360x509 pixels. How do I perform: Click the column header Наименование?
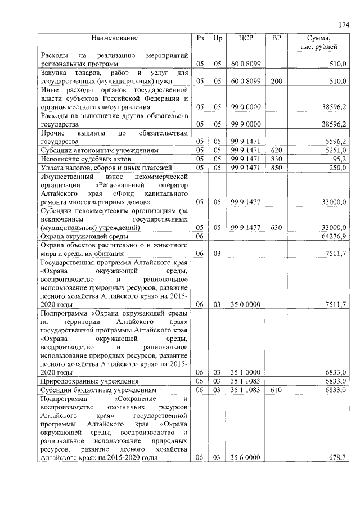click(x=115, y=38)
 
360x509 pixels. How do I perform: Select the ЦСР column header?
click(x=245, y=38)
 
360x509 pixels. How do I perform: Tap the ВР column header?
click(x=276, y=38)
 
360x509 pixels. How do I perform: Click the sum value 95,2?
click(x=338, y=159)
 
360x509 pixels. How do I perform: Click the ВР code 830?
click(x=276, y=159)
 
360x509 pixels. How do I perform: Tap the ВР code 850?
click(x=276, y=168)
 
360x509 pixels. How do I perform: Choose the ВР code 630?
click(x=276, y=227)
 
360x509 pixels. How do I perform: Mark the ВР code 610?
click(x=276, y=389)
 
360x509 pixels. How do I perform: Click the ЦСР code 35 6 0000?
click(x=245, y=457)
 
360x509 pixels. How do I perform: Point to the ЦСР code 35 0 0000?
click(x=245, y=304)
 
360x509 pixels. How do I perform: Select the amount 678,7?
click(x=336, y=457)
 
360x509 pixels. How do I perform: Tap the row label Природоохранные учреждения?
click(x=90, y=381)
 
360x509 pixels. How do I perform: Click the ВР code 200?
click(x=276, y=81)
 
